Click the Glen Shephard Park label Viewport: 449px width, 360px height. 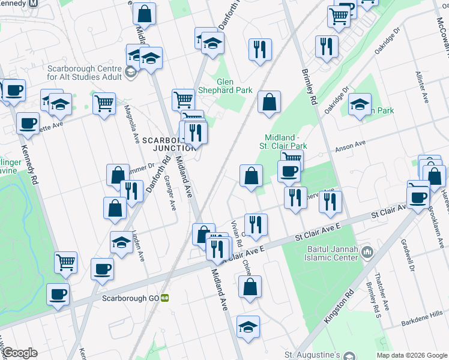pos(235,85)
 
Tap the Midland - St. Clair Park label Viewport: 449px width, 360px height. pos(283,141)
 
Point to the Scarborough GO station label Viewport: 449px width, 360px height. pos(130,298)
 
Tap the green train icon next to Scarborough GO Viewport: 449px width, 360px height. pos(164,298)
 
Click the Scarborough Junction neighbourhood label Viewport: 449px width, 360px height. pos(169,144)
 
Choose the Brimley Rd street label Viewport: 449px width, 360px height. pos(310,88)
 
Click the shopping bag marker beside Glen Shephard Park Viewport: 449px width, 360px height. pos(270,102)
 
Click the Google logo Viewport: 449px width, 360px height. pos(20,353)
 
